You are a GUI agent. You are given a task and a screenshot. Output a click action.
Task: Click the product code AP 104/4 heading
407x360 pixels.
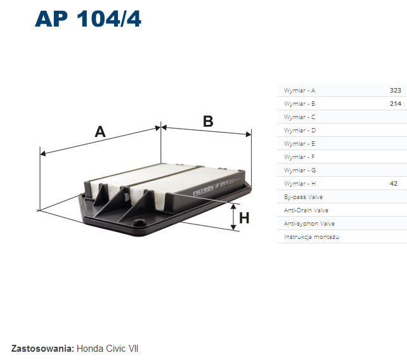click(x=88, y=19)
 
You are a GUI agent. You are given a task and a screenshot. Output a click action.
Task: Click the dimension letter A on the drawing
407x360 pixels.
click(x=100, y=132)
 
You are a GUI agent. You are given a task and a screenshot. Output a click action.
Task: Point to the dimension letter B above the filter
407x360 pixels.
click(x=208, y=121)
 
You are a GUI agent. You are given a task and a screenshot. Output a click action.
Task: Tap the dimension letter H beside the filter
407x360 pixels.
click(x=244, y=218)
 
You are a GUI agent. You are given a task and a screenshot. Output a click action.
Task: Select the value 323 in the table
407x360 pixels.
click(x=396, y=91)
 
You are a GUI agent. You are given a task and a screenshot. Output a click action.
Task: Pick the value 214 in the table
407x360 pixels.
click(x=396, y=103)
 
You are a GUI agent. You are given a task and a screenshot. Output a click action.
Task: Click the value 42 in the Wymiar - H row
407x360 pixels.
click(x=394, y=184)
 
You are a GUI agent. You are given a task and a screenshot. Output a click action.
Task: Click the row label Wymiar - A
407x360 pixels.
click(x=299, y=91)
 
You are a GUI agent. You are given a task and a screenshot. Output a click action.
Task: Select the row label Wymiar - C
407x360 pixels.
click(x=299, y=117)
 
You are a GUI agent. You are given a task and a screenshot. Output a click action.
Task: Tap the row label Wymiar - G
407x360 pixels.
click(x=300, y=170)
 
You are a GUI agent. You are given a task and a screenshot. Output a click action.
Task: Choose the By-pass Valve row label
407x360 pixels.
click(x=303, y=197)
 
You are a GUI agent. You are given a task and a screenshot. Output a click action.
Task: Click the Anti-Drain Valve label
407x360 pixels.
click(x=306, y=210)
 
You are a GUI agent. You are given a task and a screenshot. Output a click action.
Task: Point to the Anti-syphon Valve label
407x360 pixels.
click(x=309, y=224)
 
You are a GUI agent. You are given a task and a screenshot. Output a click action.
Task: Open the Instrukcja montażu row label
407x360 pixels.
click(x=311, y=237)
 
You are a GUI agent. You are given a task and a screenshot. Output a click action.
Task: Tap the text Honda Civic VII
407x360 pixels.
click(x=108, y=349)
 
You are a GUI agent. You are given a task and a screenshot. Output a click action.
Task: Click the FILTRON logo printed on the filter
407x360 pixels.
click(x=203, y=190)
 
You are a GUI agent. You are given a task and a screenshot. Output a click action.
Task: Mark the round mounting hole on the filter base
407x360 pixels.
click(x=139, y=222)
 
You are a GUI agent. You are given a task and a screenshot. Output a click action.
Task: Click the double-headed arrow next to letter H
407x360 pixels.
click(x=233, y=217)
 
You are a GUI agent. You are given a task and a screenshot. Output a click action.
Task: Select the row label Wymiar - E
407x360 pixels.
click(x=299, y=143)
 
